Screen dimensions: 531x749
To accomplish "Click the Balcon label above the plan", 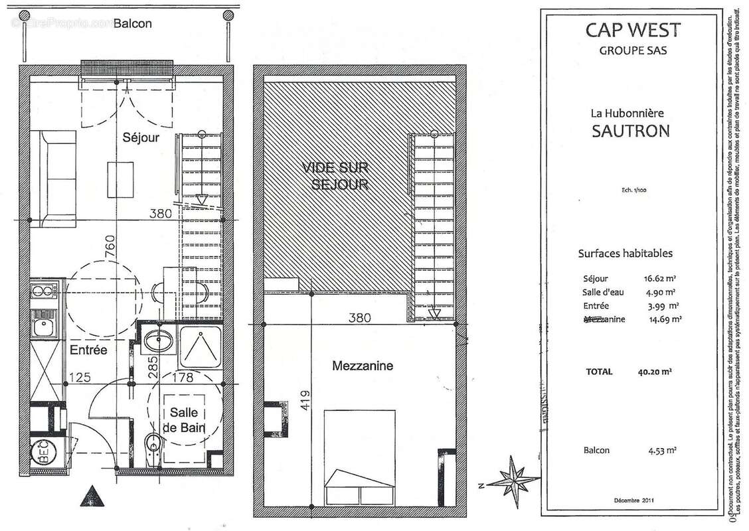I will point(132,24).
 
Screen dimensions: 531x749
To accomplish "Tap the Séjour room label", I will point(141,138).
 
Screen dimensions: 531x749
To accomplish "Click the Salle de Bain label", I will point(182,420).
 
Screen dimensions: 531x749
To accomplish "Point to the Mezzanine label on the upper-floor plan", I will point(362,366).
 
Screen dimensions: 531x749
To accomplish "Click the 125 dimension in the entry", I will point(80,378).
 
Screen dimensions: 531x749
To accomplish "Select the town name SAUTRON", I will point(629,130).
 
